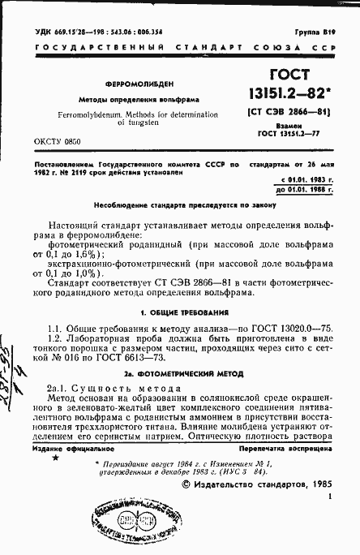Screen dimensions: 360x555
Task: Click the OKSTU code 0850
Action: [x=75, y=141]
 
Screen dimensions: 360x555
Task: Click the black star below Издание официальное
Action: [x=55, y=458]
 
